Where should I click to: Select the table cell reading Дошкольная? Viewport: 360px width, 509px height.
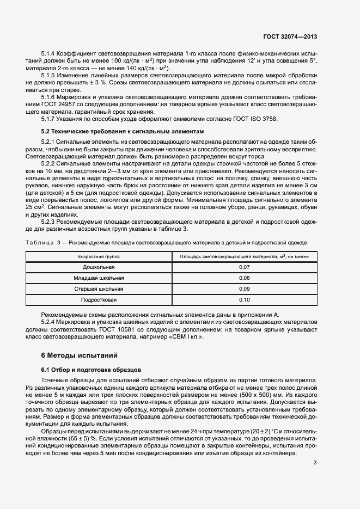[99, 267]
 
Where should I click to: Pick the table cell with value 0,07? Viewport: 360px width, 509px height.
[244, 267]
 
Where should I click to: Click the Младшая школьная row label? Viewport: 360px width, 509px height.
[99, 278]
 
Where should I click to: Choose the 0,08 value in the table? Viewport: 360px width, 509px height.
[244, 278]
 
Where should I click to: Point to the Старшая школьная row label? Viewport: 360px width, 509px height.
[99, 289]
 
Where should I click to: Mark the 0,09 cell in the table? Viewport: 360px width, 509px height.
[244, 289]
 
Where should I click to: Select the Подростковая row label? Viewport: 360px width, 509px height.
[99, 299]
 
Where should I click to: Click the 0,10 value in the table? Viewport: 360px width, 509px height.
[244, 299]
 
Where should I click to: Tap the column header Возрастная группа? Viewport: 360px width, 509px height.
[99, 256]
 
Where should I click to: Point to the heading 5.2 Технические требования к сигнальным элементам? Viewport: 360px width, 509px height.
[123, 132]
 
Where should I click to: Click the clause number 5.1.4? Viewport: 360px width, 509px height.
[50, 53]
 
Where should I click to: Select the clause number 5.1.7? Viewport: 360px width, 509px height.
[50, 118]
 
